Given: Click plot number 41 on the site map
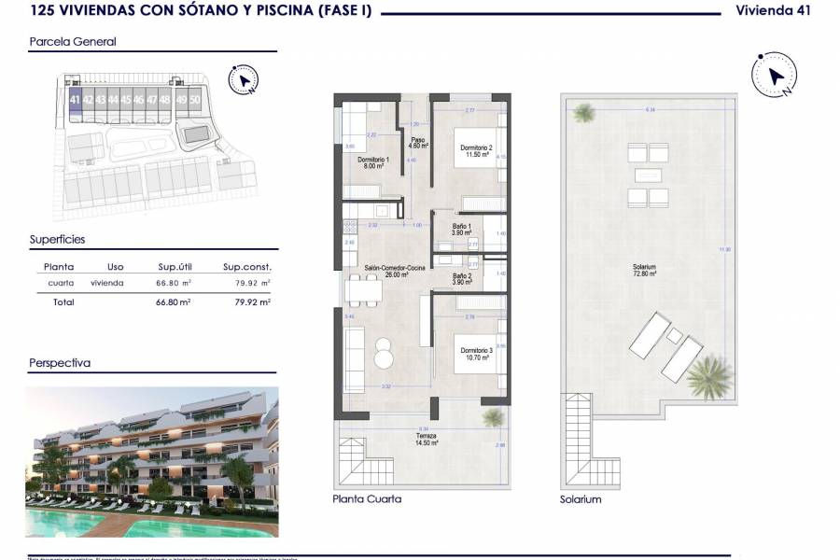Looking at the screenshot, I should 75,98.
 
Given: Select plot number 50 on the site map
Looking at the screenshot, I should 194,98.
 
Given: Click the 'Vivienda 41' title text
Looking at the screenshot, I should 773,10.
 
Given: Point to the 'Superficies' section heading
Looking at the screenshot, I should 57,239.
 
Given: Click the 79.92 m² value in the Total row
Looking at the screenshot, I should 252,302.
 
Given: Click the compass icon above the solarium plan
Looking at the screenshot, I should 773,74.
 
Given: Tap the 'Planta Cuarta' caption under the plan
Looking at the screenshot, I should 367,499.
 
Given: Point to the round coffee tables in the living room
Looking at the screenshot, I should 385,353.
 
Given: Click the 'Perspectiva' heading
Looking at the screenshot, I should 60,363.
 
